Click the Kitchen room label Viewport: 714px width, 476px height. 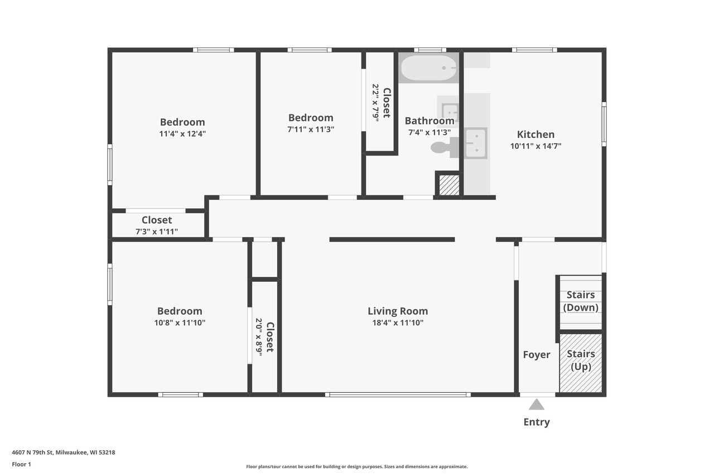pos(535,134)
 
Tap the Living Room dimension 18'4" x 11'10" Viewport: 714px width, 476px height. pos(398,323)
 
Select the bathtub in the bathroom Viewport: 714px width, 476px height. pos(429,68)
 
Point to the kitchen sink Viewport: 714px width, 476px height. pos(476,143)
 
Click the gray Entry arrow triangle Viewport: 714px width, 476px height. pos(536,405)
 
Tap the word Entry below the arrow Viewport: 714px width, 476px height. pos(536,422)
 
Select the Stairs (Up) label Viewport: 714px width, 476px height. pos(581,360)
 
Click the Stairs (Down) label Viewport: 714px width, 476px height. pos(581,301)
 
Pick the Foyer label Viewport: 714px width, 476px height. pos(537,355)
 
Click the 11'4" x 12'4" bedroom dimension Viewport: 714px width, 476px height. pos(182,134)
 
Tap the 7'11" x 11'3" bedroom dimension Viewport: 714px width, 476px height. pos(311,129)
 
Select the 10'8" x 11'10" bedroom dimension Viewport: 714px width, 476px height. pos(180,323)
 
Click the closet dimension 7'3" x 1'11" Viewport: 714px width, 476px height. pos(156,232)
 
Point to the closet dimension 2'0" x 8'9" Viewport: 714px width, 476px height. pos(259,337)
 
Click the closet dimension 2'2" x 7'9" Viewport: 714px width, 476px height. pos(375,103)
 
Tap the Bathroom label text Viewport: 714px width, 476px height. pos(429,121)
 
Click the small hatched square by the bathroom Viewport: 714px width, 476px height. pos(448,185)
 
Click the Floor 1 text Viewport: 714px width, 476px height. pos(21,464)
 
